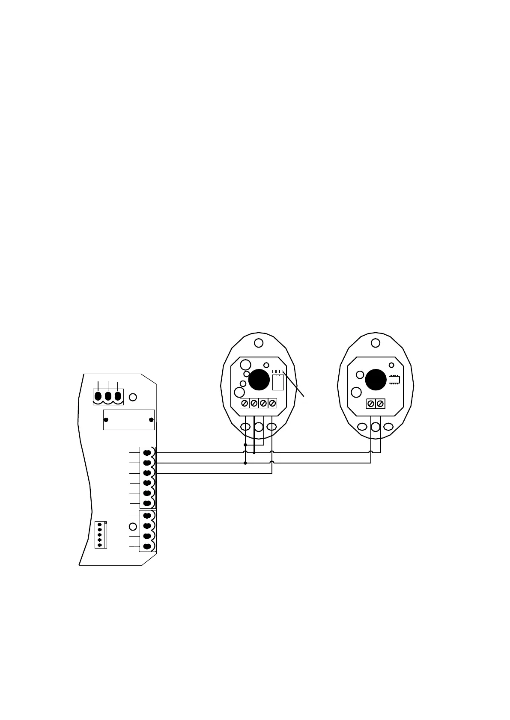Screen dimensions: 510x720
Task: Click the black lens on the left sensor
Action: (259, 380)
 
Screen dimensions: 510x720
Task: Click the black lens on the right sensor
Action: (376, 380)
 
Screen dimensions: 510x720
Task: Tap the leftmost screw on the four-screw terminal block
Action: (245, 403)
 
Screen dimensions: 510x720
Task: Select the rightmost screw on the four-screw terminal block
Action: (272, 403)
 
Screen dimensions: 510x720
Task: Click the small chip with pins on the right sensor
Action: (394, 379)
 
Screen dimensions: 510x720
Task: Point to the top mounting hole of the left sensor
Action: (259, 343)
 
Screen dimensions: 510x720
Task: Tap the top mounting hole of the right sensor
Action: (376, 343)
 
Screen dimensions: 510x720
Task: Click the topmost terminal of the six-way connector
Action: (147, 453)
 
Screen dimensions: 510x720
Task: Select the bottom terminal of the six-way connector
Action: (147, 503)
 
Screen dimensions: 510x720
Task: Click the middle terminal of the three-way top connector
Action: (108, 395)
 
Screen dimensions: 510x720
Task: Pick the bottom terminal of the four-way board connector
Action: (147, 546)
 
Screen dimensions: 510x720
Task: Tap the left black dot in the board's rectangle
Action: (106, 420)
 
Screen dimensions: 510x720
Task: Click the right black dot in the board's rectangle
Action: (151, 420)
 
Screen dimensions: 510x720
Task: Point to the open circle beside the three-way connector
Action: (133, 397)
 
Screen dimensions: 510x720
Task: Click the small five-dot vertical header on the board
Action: (100, 534)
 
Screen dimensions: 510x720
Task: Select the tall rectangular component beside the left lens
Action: (278, 382)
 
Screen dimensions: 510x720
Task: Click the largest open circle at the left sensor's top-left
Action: (245, 365)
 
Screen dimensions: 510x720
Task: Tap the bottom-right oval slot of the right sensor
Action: (388, 427)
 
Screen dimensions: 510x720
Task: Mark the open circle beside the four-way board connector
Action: (133, 526)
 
